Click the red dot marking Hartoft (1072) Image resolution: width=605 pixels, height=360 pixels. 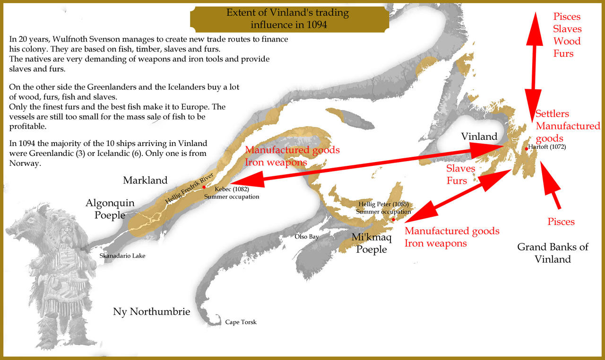(526, 148)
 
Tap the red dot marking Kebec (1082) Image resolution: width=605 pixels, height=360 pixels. (204, 188)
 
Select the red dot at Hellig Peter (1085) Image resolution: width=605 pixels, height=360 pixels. (393, 219)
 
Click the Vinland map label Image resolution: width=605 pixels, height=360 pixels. (479, 137)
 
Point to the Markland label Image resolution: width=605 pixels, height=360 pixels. (145, 180)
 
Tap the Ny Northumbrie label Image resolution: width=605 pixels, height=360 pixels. (151, 311)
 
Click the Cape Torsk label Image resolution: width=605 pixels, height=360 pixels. (241, 322)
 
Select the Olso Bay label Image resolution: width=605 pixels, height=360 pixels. (307, 237)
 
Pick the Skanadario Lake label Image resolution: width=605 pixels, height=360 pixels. (122, 256)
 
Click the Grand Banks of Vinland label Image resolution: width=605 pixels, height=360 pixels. (553, 253)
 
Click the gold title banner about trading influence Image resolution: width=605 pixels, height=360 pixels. (289, 18)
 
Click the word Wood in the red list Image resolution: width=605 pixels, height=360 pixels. (567, 41)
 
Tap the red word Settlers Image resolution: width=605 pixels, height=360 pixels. (552, 114)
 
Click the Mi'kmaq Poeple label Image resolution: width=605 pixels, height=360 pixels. (372, 243)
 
